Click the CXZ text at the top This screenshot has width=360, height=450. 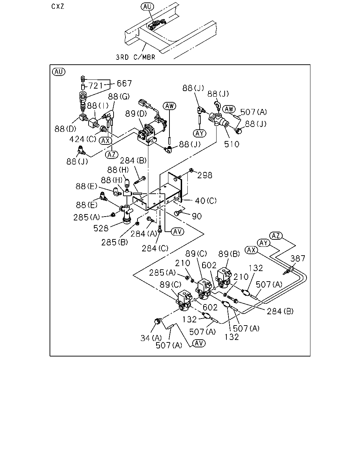tap(58, 6)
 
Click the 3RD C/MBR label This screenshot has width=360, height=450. tap(136, 57)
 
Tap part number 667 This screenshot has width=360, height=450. tap(124, 83)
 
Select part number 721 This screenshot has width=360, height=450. tap(96, 86)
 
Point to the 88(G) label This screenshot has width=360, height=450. tap(119, 96)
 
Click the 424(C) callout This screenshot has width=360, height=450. tap(83, 139)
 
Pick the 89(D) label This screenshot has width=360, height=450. tap(136, 114)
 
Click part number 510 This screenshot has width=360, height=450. tap(232, 144)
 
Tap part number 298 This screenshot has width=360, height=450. tap(205, 175)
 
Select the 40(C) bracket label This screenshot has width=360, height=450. tap(206, 201)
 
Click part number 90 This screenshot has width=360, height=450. tap(197, 216)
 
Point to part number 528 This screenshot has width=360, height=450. tap(101, 229)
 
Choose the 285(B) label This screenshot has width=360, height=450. tap(114, 242)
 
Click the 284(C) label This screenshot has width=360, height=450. tap(155, 249)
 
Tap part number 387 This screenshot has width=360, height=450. tap(298, 259)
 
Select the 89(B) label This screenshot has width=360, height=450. tap(229, 254)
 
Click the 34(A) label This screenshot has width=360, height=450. tap(151, 338)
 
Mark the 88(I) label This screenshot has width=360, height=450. tap(98, 106)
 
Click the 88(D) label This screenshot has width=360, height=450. tap(65, 129)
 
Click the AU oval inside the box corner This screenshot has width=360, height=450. tap(59, 72)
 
